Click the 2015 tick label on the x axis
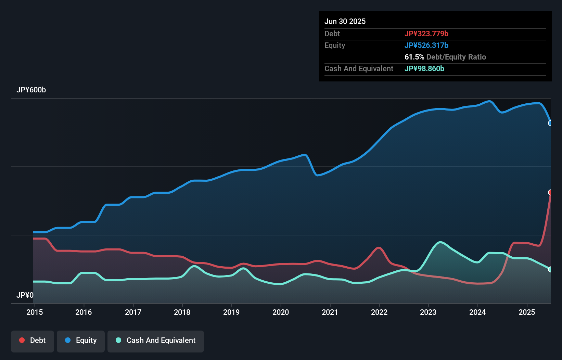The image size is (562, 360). click(35, 312)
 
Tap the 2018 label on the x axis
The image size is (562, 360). click(182, 312)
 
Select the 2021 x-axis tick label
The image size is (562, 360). click(330, 312)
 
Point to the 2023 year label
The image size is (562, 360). click(428, 312)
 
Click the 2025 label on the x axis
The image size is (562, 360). click(527, 312)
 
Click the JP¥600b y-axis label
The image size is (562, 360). click(31, 90)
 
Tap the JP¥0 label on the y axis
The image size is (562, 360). click(25, 295)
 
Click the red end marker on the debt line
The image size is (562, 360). click(550, 192)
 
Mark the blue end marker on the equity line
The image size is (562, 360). click(550, 123)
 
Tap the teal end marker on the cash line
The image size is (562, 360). click(550, 269)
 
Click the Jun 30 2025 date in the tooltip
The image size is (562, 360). click(345, 21)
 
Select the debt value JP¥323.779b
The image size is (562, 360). click(426, 34)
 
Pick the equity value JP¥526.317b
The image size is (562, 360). click(426, 45)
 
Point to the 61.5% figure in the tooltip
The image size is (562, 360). click(414, 57)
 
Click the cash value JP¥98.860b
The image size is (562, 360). click(424, 68)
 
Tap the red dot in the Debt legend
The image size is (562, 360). click(22, 340)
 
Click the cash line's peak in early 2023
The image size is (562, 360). click(440, 242)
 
